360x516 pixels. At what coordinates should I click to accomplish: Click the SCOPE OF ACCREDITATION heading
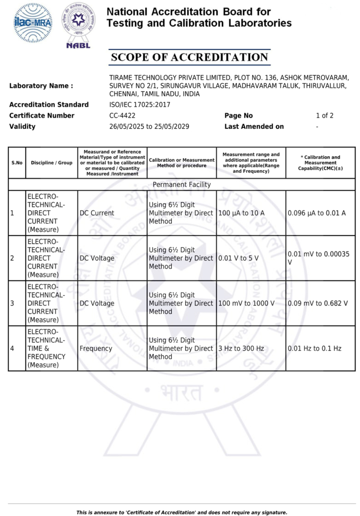pyautogui.click(x=189, y=57)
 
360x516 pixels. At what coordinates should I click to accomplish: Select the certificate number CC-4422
pyautogui.click(x=122, y=116)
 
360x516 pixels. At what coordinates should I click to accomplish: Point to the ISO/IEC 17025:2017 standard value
pyautogui.click(x=140, y=105)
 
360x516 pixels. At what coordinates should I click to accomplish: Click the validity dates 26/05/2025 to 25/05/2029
pyautogui.click(x=149, y=126)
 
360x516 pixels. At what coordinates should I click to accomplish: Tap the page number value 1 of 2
pyautogui.click(x=324, y=116)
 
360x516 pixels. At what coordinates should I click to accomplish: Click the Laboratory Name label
pyautogui.click(x=41, y=86)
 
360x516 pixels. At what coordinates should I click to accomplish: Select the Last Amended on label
pyautogui.click(x=254, y=126)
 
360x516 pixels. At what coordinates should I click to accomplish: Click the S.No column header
pyautogui.click(x=17, y=162)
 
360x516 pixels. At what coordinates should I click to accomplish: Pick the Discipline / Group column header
pyautogui.click(x=52, y=162)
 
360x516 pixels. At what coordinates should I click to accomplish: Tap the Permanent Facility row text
pyautogui.click(x=182, y=184)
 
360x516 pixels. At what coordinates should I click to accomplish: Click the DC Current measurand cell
pyautogui.click(x=97, y=213)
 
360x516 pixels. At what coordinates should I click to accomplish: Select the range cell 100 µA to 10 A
pyautogui.click(x=242, y=213)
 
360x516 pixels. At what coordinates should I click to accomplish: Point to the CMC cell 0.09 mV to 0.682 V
pyautogui.click(x=318, y=303)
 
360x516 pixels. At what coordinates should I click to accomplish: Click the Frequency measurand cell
pyautogui.click(x=96, y=348)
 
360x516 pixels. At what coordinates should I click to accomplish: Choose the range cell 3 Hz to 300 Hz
pyautogui.click(x=241, y=348)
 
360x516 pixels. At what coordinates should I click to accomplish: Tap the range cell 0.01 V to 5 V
pyautogui.click(x=238, y=258)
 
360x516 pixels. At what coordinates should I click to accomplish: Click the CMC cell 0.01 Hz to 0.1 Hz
pyautogui.click(x=315, y=348)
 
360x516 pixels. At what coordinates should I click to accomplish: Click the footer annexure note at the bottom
pyautogui.click(x=182, y=512)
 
